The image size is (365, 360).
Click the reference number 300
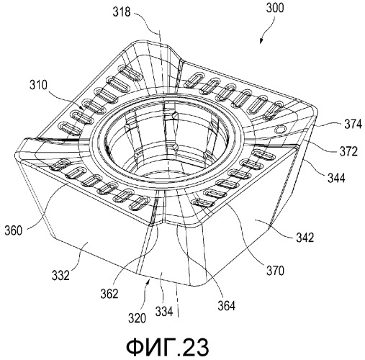click(x=275, y=7)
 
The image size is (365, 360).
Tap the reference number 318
click(x=122, y=12)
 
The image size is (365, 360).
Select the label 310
click(x=39, y=85)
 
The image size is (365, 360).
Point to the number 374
click(x=353, y=125)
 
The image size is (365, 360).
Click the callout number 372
click(x=348, y=151)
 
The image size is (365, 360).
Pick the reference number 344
click(x=336, y=178)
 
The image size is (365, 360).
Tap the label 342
click(x=305, y=238)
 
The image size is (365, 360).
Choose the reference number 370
click(x=275, y=271)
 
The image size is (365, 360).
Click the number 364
click(x=227, y=306)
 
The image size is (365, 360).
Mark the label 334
click(x=164, y=312)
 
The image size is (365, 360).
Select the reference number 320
click(x=137, y=318)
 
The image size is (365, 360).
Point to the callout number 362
click(x=109, y=294)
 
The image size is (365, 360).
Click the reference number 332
click(x=60, y=276)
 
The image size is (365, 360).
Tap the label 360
click(x=14, y=230)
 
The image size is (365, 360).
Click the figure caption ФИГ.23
click(x=167, y=347)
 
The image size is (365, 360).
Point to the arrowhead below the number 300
click(x=261, y=41)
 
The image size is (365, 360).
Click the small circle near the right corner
click(x=279, y=130)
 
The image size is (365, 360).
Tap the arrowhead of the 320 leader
click(x=150, y=282)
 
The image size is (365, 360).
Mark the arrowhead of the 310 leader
click(x=82, y=108)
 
